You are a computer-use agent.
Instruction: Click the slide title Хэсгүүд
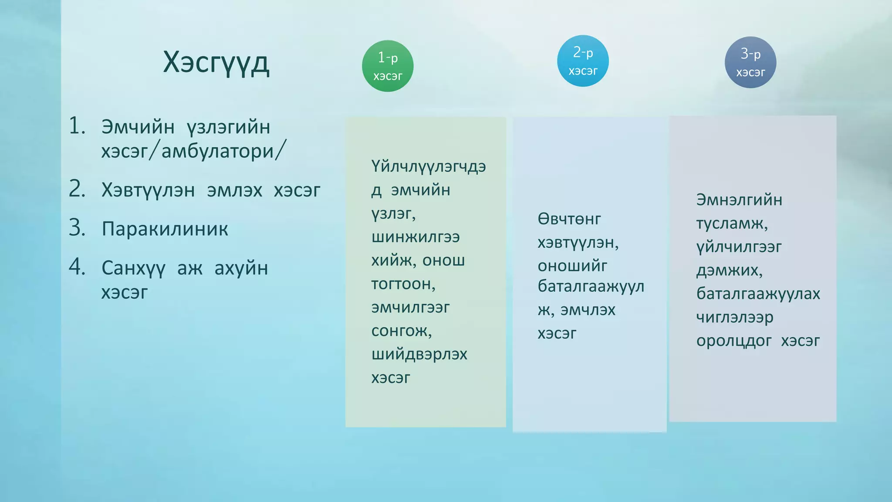216,62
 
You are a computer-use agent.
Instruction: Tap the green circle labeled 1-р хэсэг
388,66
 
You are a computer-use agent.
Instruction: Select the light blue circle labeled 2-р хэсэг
583,61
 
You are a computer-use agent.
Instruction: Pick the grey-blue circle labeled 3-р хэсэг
750,62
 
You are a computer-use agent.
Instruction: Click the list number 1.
77,126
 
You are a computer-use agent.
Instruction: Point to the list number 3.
77,228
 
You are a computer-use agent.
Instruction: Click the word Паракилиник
165,229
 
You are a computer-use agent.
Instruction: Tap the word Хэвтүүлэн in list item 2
148,190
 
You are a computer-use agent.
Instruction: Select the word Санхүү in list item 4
133,268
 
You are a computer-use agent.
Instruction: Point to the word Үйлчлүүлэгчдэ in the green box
429,167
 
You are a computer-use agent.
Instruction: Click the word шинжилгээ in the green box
416,237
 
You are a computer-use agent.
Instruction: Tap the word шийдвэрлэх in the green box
419,354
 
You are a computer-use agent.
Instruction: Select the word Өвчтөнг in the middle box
569,219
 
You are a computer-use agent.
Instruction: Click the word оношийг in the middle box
572,266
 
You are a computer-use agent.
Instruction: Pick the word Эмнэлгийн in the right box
739,200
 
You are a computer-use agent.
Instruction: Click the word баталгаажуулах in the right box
758,294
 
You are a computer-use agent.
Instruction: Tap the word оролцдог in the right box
733,341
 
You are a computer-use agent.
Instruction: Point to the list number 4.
77,267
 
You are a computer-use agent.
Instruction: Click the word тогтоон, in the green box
403,284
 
